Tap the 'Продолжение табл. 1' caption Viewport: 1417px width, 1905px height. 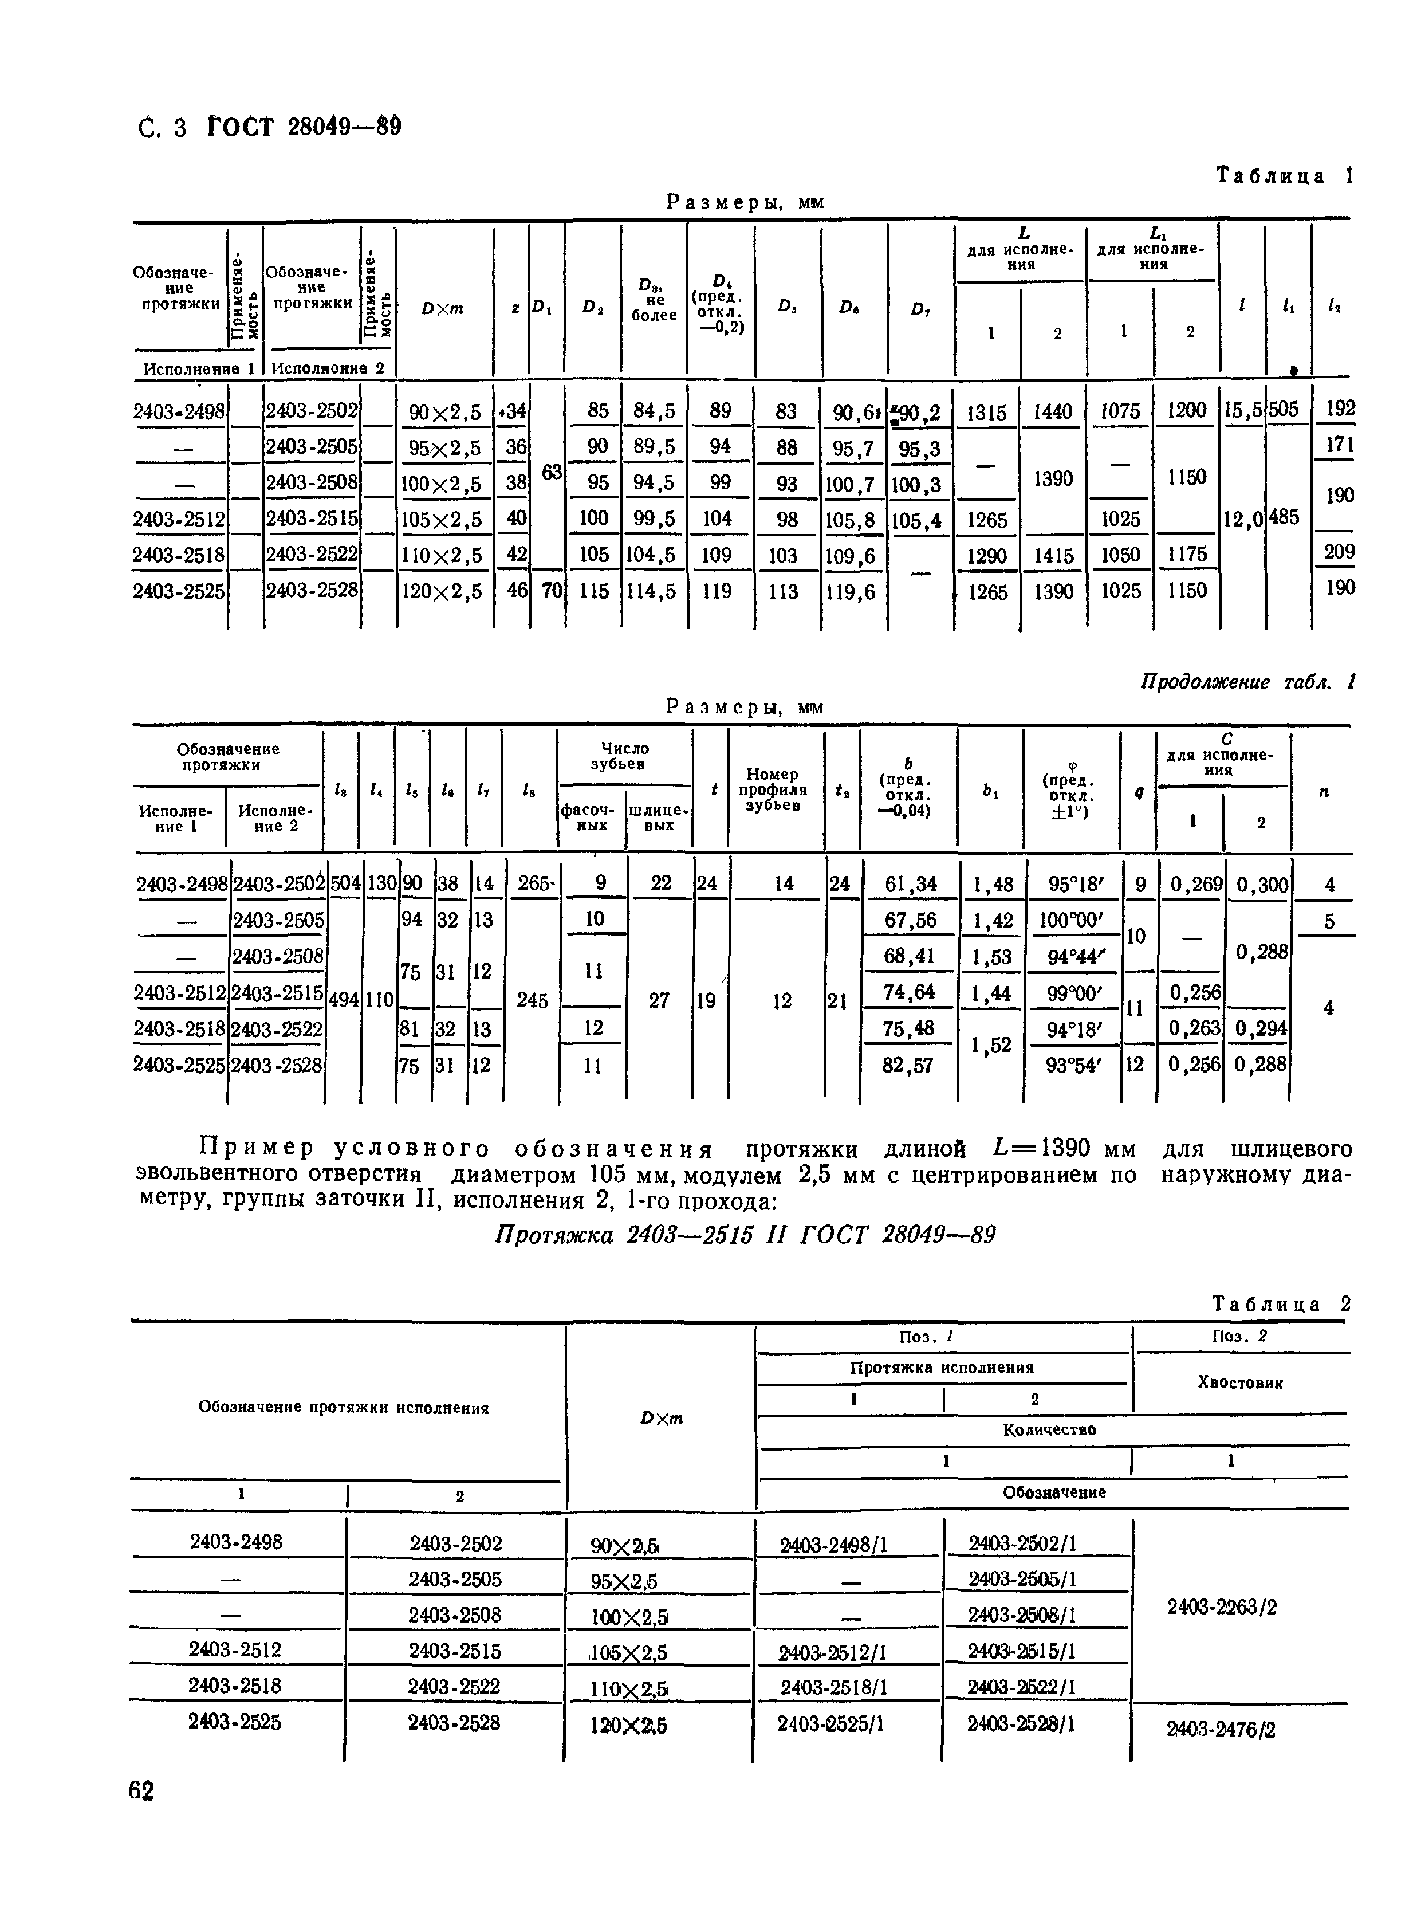(x=1247, y=682)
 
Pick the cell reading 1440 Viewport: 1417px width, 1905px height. (x=1053, y=413)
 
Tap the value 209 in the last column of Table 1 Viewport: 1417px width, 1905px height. (x=1339, y=552)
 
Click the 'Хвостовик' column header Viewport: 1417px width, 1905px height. (x=1239, y=1383)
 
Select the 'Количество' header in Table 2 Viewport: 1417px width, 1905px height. (x=1049, y=1429)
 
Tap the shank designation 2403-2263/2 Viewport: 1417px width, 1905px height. (x=1222, y=1607)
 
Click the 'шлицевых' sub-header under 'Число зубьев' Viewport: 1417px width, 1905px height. (x=658, y=817)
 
